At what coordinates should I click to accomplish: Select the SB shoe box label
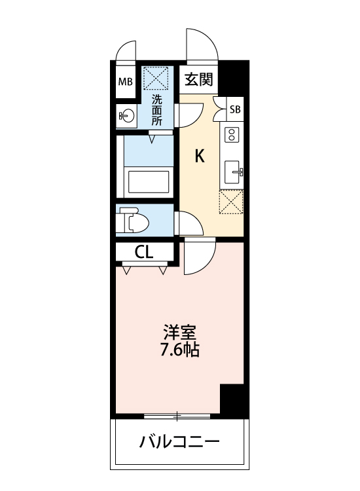point(234,109)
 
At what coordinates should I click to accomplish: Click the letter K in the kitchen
point(200,156)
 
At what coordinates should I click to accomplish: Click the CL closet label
point(144,252)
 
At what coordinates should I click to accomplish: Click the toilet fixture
point(134,221)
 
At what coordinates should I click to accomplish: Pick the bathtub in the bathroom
point(149,181)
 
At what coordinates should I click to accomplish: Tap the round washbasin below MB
point(126,117)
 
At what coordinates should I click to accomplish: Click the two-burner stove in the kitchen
point(232,136)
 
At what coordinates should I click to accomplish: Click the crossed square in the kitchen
point(231,202)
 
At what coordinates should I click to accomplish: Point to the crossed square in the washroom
point(157,79)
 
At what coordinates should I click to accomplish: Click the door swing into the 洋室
point(198,257)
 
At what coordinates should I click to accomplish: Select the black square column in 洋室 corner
point(232,399)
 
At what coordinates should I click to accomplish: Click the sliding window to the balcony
point(177,416)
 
